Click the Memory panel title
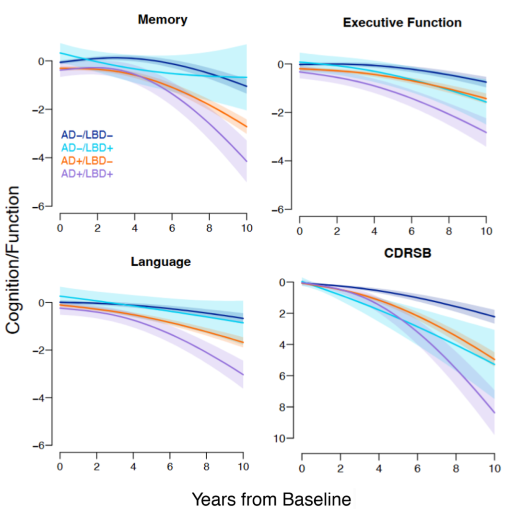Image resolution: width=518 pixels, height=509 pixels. pyautogui.click(x=162, y=20)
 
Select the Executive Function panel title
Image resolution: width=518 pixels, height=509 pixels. pyautogui.click(x=402, y=23)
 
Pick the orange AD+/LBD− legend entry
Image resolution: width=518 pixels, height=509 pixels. pyautogui.click(x=86, y=161)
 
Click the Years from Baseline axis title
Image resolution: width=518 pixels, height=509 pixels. pyautogui.click(x=271, y=498)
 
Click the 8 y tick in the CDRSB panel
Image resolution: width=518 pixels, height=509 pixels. pyautogui.click(x=287, y=407)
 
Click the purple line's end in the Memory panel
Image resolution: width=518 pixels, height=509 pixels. pyautogui.click(x=246, y=162)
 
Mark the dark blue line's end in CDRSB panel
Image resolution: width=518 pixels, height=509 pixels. pyautogui.click(x=494, y=317)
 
